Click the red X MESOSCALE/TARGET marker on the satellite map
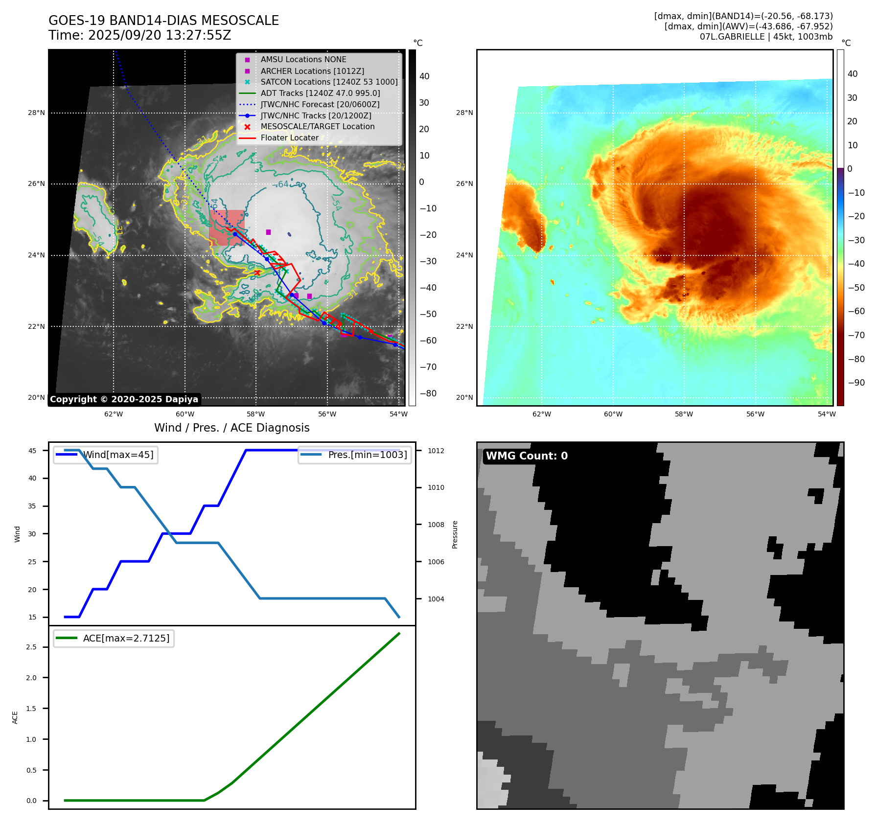click(257, 273)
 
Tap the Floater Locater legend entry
click(289, 138)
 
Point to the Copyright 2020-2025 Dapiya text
click(124, 399)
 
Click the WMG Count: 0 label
click(527, 456)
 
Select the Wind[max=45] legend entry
click(118, 455)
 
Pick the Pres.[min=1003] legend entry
click(367, 455)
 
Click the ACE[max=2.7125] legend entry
click(126, 638)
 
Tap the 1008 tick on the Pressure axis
click(436, 525)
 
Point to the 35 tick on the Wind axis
click(32, 506)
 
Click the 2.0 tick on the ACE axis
click(31, 678)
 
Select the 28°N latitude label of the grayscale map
click(36, 113)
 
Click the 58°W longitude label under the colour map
click(684, 414)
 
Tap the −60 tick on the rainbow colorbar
click(856, 311)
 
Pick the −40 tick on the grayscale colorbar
click(428, 288)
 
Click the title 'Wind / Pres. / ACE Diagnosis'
click(231, 428)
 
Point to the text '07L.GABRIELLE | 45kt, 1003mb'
click(766, 37)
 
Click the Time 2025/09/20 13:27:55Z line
click(139, 35)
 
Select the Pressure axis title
click(455, 534)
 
